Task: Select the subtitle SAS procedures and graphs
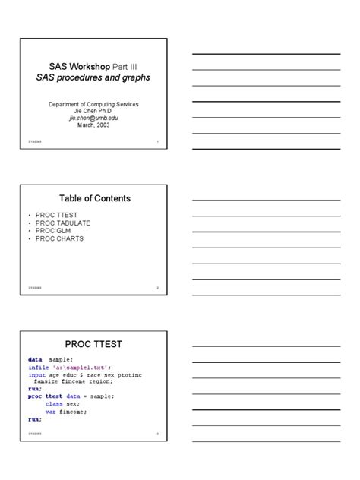[x=93, y=77]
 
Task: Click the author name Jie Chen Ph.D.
[x=94, y=111]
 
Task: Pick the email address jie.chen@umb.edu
[x=94, y=118]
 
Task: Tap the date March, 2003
[x=94, y=126]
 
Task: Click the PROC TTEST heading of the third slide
[x=94, y=344]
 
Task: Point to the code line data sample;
[x=50, y=358]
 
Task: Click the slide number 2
[x=157, y=289]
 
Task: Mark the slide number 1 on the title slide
[x=157, y=142]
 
